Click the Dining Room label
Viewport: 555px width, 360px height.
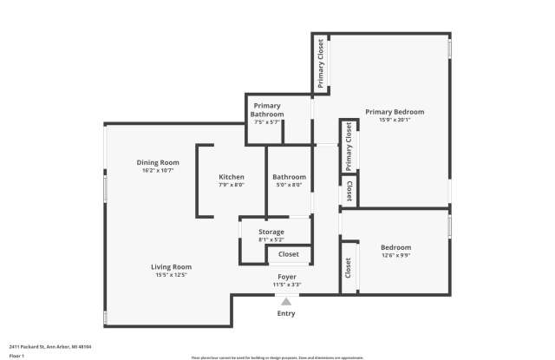[158, 162]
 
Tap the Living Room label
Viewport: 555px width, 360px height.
[171, 266]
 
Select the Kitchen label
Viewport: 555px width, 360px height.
[232, 177]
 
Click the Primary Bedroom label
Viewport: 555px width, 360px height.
[395, 112]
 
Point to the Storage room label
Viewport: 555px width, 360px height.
[271, 232]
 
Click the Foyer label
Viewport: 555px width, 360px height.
[287, 277]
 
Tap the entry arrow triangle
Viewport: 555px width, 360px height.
[286, 301]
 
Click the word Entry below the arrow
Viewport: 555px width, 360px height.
[286, 313]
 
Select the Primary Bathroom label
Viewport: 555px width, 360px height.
[267, 110]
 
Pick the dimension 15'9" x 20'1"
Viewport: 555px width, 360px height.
[395, 121]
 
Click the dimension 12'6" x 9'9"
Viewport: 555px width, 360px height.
[395, 255]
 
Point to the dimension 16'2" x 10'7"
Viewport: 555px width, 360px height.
[158, 171]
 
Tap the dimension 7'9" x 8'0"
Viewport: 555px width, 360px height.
[232, 185]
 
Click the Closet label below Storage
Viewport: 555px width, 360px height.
[288, 254]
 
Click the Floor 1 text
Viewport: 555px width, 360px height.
[16, 356]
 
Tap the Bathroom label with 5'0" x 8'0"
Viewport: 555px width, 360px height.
[290, 177]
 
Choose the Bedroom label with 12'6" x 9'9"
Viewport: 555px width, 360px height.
[395, 247]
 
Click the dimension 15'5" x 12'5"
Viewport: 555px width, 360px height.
[171, 275]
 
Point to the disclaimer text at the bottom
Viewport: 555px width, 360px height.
[277, 357]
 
